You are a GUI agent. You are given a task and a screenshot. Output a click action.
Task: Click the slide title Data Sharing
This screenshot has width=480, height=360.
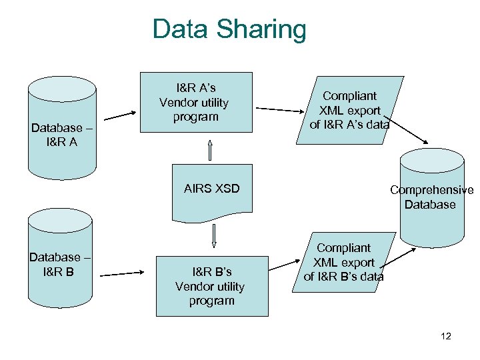[x=229, y=29]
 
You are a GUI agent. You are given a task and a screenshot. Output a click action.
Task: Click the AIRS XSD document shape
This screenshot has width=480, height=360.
[x=211, y=189]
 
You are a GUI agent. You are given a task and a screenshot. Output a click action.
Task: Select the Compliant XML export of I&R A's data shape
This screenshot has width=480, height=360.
[x=349, y=109]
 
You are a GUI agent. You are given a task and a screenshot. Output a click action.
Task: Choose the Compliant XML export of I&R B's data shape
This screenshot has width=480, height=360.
[x=344, y=262]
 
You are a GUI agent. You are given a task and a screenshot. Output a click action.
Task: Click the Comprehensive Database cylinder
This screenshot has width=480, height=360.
[x=431, y=197]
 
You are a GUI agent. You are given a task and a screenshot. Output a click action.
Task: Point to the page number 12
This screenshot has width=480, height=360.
[x=446, y=336]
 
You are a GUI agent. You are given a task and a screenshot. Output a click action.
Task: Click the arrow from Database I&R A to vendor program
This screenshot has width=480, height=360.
[x=120, y=115]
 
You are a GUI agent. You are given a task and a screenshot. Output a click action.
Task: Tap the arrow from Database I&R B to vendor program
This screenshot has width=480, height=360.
[x=122, y=272]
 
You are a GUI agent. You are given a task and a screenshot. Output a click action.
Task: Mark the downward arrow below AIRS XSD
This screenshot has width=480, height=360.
[x=215, y=234]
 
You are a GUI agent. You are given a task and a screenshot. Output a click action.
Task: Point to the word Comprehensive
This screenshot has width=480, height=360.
[x=431, y=190]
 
